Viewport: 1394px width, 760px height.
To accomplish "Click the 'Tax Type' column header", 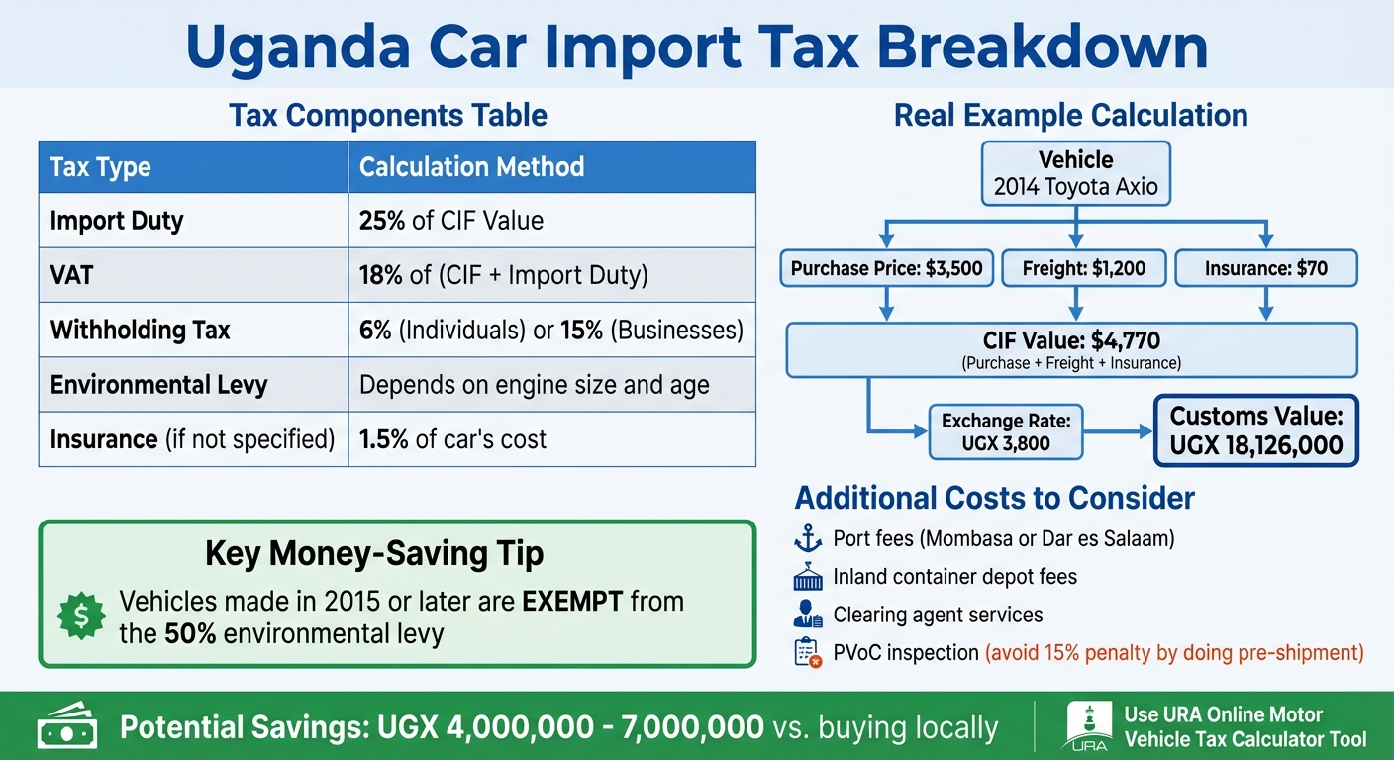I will point(100,167).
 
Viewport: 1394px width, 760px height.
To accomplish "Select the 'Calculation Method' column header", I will point(471,167).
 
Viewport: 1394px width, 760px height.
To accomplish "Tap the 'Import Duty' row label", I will point(117,220).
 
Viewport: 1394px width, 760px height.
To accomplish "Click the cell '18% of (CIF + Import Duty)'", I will point(503,275).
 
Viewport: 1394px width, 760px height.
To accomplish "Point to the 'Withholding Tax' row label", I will point(140,330).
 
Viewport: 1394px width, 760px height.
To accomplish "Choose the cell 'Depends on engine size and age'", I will point(534,384).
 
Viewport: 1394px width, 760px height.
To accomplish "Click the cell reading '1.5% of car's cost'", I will point(452,438).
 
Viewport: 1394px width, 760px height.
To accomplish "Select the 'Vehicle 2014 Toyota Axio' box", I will point(1075,173).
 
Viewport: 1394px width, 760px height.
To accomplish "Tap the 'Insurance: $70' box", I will point(1266,268).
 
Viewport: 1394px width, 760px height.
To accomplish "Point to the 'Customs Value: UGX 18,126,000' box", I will point(1255,431).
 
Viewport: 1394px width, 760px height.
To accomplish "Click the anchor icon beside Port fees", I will point(808,540).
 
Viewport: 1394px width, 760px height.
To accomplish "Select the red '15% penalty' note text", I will point(1172,652).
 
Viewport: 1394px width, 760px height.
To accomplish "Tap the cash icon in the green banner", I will point(66,727).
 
